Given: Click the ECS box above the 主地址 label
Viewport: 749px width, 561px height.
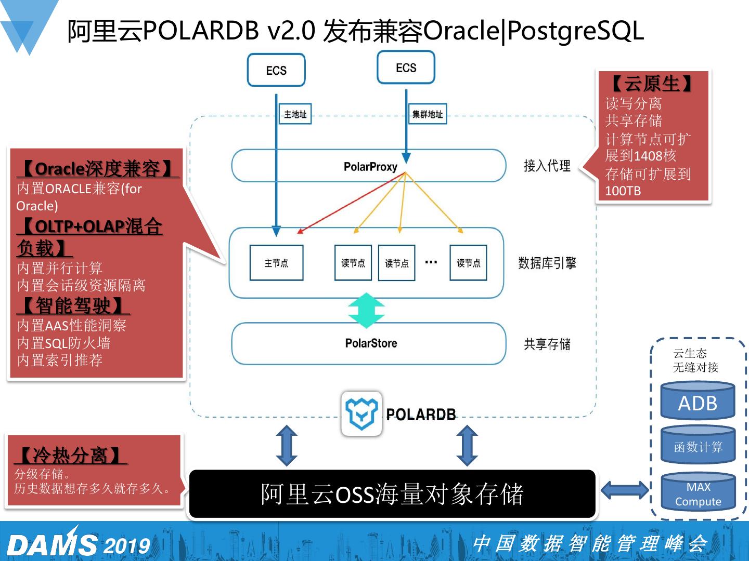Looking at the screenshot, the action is [x=276, y=70].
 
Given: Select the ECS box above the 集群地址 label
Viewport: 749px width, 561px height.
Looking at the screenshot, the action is [x=406, y=67].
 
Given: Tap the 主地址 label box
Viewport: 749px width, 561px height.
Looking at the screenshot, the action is [x=295, y=114].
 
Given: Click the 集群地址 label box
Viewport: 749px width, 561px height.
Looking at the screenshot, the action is [x=428, y=114].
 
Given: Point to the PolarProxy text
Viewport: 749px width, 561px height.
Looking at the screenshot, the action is [x=370, y=167].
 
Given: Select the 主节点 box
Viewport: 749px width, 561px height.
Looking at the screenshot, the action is [x=276, y=263].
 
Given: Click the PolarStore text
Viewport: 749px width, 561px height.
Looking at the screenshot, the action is [x=371, y=343].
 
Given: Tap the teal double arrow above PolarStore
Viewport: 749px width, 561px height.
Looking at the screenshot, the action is [x=367, y=310].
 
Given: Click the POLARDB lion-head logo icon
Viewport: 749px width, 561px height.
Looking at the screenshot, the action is [x=361, y=413].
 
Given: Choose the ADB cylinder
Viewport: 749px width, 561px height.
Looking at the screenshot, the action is [x=698, y=400].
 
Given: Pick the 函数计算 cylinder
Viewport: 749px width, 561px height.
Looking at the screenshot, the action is [x=698, y=445].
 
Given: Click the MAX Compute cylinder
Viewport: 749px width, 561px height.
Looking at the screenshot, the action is [x=698, y=492].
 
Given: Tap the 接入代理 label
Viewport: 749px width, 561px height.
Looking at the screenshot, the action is [x=547, y=166].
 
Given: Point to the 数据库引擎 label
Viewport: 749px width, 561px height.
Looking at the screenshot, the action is [x=547, y=263].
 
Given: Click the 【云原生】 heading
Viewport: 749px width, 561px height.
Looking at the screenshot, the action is [x=652, y=83].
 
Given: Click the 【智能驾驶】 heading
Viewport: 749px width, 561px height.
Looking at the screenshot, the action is [x=73, y=305].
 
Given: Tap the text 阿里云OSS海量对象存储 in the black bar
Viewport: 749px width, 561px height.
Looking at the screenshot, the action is [x=392, y=493].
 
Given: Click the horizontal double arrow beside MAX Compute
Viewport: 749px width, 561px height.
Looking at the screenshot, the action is [x=625, y=490].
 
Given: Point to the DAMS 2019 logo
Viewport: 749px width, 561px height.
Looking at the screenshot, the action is [x=79, y=543].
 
